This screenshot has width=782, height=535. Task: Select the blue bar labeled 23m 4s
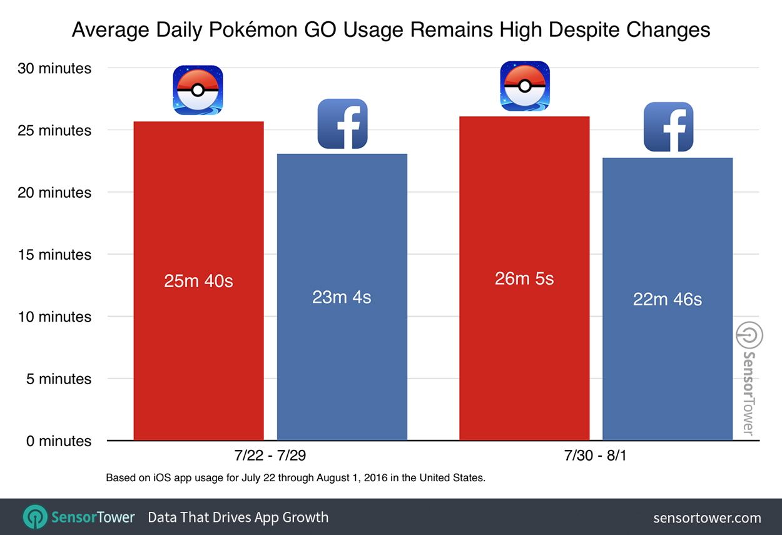[342, 363]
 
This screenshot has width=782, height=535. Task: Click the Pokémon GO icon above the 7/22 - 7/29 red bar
[198, 90]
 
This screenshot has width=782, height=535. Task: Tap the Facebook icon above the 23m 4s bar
[342, 124]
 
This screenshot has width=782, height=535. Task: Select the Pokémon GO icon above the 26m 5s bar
[525, 86]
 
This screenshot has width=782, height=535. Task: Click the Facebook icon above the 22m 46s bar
[668, 127]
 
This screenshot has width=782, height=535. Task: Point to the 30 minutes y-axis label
[54, 69]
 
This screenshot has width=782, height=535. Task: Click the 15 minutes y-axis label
[54, 255]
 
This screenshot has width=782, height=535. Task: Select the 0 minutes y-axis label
[58, 441]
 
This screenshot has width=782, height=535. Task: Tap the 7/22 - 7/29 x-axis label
[270, 454]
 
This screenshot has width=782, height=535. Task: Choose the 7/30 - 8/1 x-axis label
[596, 454]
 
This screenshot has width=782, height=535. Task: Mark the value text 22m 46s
[667, 300]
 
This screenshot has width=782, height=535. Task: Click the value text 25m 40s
[198, 282]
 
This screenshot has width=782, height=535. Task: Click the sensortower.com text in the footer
[707, 518]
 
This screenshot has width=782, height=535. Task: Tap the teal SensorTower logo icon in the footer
[34, 517]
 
